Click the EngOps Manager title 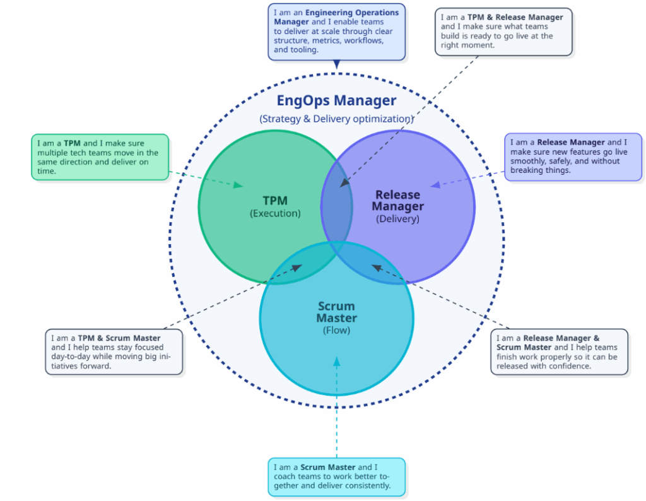pos(336,100)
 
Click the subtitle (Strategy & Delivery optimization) pos(336,119)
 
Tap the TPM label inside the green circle pos(275,201)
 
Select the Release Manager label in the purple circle pos(397,201)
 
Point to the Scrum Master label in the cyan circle pos(336,312)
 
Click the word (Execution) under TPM pos(275,213)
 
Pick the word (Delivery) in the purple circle pos(397,219)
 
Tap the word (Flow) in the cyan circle pos(336,330)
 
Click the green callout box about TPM pos(100,156)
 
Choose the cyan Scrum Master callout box pos(336,476)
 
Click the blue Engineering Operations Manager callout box pos(336,32)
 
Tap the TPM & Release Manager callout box pos(503,32)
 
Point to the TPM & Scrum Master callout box pos(114,351)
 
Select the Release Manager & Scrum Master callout pos(559,351)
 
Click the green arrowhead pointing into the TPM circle pos(239,185)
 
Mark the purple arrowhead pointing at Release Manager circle pos(435,185)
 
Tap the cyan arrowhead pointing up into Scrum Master pos(336,361)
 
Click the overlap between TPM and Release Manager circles pos(337,208)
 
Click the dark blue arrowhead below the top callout pos(336,64)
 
